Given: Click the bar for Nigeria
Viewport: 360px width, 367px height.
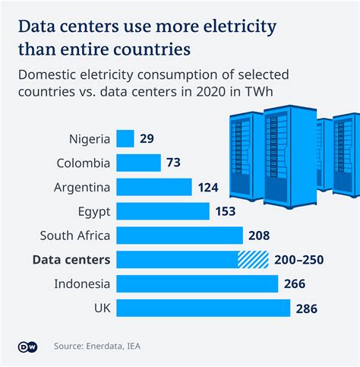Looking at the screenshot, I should tap(125, 138).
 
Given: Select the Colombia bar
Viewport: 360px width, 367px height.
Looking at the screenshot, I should tap(138, 163).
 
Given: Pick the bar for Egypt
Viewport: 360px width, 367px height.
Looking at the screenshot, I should tap(163, 211).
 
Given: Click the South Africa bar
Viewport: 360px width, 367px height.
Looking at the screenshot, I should tap(179, 236).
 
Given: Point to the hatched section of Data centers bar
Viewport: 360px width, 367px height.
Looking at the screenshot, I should tap(254, 260).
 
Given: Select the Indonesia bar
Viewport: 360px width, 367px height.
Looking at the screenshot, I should tap(197, 284).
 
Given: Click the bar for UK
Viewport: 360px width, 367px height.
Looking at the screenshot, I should tap(203, 308).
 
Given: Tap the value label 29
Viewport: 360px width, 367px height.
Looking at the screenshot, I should tap(148, 138).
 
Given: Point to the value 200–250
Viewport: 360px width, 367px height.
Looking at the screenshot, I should tap(298, 260).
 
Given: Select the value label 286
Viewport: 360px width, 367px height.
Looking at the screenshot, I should tap(306, 308).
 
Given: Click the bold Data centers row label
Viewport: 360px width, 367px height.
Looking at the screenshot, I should tap(71, 260).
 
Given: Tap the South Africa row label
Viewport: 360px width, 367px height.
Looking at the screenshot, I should tap(75, 236).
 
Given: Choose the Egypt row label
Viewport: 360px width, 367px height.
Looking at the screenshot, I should tap(93, 211).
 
